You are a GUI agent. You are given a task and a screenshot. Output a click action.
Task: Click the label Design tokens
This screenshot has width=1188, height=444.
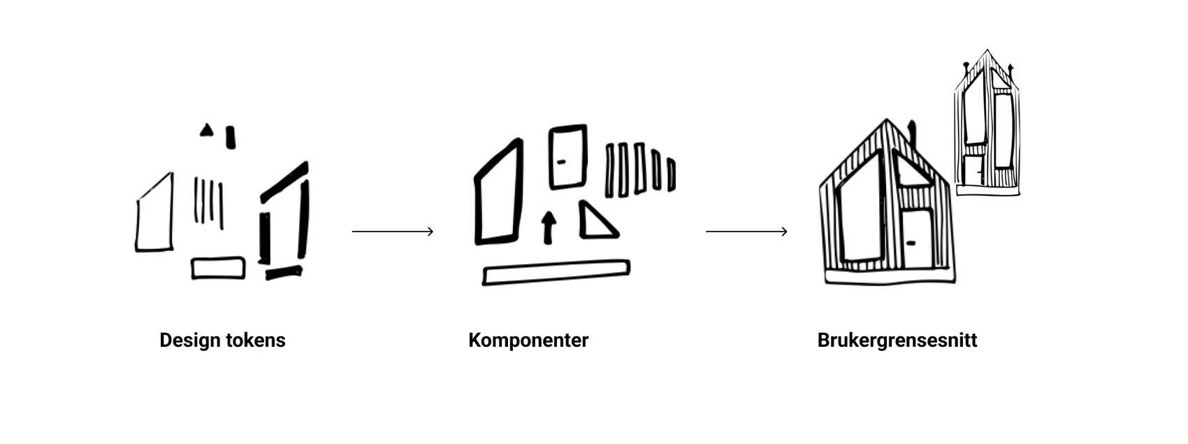(222, 341)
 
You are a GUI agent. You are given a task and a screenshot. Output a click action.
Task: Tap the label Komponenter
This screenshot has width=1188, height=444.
(528, 341)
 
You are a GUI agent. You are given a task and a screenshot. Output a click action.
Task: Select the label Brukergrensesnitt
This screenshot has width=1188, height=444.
(897, 341)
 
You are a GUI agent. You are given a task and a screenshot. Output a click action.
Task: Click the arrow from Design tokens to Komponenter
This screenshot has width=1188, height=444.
(392, 231)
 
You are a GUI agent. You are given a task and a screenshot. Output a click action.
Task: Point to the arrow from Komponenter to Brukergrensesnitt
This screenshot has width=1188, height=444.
(746, 231)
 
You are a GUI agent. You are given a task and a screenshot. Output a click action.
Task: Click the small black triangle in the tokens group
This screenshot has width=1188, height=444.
(206, 131)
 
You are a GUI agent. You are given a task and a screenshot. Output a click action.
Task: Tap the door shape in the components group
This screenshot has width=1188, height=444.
(567, 157)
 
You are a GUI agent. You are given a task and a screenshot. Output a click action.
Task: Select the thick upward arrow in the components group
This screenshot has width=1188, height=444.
(549, 227)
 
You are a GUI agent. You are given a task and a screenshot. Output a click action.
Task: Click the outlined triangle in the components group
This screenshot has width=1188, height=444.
(595, 222)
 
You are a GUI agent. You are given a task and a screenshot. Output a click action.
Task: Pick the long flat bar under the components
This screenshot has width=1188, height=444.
(556, 273)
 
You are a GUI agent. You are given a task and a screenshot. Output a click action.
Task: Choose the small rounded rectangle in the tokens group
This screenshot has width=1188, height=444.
(218, 268)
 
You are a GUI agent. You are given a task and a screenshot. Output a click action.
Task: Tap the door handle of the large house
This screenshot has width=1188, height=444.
(910, 243)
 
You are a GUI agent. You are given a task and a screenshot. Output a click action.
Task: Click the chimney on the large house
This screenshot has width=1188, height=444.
(911, 133)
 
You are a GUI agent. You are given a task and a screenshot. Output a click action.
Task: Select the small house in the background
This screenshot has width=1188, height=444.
(987, 126)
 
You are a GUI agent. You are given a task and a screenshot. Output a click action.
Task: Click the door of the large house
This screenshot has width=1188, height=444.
(916, 239)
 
